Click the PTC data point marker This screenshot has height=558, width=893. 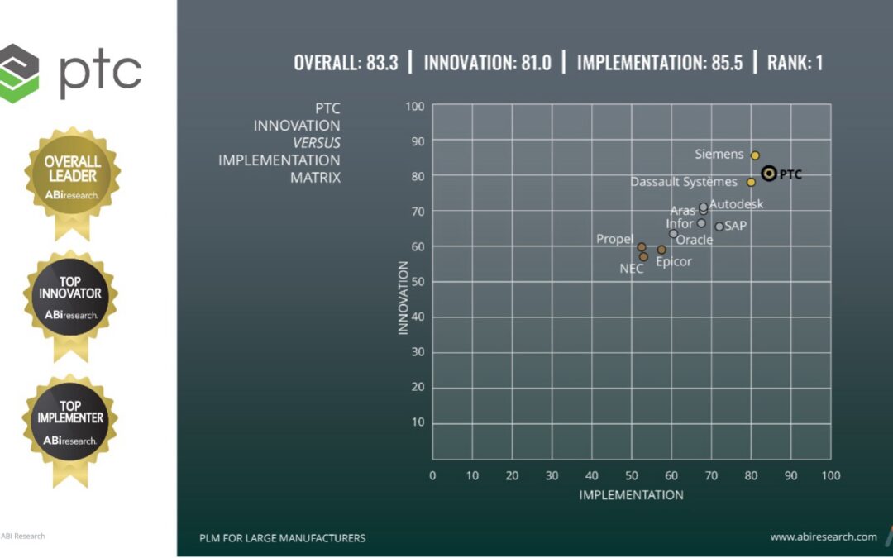pos(769,174)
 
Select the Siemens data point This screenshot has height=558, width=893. pos(755,155)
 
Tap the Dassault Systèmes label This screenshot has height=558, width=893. pos(684,182)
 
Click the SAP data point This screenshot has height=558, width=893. pos(719,227)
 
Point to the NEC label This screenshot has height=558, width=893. pos(632,269)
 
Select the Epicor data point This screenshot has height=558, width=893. pos(661,250)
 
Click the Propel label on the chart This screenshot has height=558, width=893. pos(614,239)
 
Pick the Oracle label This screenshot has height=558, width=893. pos(695,241)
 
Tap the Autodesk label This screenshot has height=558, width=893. pos(737,204)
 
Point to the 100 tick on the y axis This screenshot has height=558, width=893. pos(415,107)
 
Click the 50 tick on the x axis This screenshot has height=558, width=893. pos(632,476)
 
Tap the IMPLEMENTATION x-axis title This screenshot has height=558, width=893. pos(631,495)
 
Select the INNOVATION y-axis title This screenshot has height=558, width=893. pos(404,298)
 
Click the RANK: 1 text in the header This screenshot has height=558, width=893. pos(795,63)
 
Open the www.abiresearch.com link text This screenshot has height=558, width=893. pos(824,537)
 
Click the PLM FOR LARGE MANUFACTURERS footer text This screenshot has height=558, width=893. pos(282,538)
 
